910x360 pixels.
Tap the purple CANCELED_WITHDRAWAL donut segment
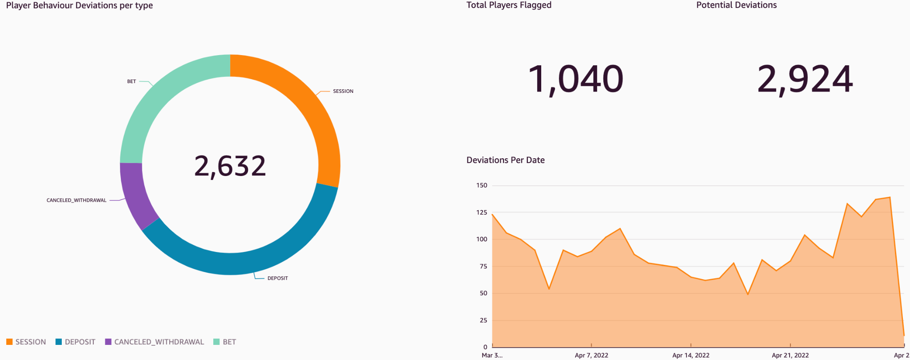[x=134, y=196]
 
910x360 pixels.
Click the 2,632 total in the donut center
[x=230, y=166]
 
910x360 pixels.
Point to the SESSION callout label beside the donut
[x=343, y=91]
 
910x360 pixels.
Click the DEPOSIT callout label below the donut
[x=277, y=278]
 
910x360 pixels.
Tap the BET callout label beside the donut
[x=132, y=81]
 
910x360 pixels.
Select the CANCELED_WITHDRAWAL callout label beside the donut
[x=76, y=200]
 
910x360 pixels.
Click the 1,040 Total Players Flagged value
[x=576, y=79]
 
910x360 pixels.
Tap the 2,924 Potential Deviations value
[x=805, y=79]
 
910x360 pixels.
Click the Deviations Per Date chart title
[x=505, y=160]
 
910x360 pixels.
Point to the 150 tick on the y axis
[x=482, y=185]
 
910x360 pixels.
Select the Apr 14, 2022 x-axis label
[x=690, y=355]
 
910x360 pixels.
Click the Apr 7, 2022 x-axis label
[x=591, y=355]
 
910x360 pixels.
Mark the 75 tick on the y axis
[x=483, y=266]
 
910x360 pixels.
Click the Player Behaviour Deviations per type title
[x=80, y=5]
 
